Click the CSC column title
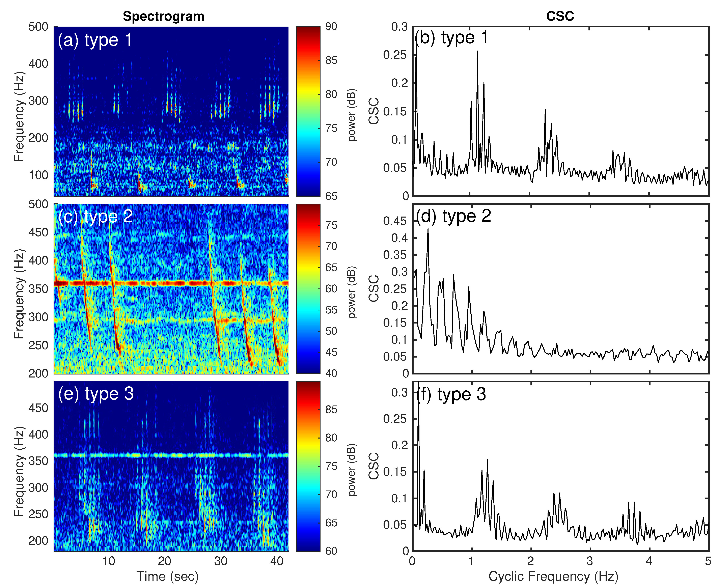point(560,16)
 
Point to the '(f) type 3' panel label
point(451,394)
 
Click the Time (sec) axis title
point(167,576)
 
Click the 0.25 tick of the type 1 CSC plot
point(395,55)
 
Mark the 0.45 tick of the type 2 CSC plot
point(395,221)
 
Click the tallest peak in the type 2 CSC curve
point(428,229)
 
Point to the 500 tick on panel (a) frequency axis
point(38,27)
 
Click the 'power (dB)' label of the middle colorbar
point(352,292)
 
